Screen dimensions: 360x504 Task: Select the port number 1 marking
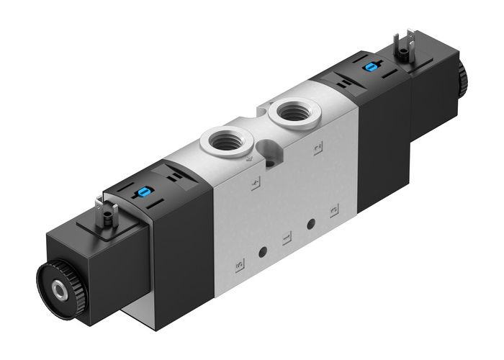click(286, 238)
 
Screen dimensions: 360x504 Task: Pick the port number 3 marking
click(333, 212)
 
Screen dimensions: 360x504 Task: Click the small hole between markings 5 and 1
click(263, 251)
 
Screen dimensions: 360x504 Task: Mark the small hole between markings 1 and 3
click(310, 224)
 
